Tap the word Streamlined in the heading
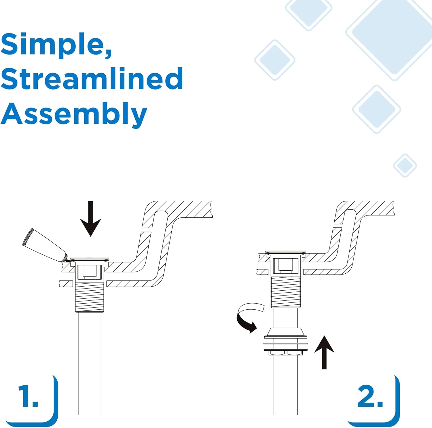pos(92,78)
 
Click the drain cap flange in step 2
pos(285,252)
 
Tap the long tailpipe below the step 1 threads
pos(90,363)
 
